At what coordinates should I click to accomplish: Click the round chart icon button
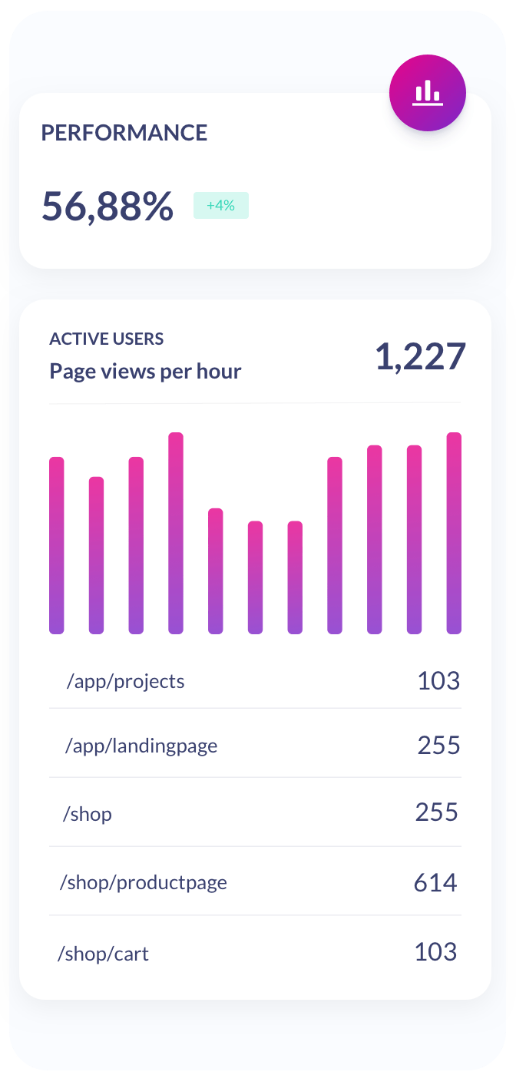pyautogui.click(x=428, y=94)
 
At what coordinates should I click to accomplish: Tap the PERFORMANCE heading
pyautogui.click(x=124, y=133)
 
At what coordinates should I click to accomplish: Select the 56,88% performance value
pyautogui.click(x=107, y=206)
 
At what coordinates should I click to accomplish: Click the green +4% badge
pyautogui.click(x=221, y=206)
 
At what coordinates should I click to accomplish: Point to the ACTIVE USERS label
pyautogui.click(x=107, y=339)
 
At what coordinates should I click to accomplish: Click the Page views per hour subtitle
pyautogui.click(x=145, y=372)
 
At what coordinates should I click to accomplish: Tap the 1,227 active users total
pyautogui.click(x=420, y=357)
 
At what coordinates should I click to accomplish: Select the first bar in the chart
pyautogui.click(x=57, y=545)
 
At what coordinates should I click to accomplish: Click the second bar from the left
pyautogui.click(x=96, y=555)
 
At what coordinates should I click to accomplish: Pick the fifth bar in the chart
pyautogui.click(x=216, y=571)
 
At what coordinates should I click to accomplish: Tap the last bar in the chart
pyautogui.click(x=454, y=533)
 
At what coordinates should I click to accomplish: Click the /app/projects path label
pyautogui.click(x=125, y=681)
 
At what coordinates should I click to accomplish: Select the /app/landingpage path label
pyautogui.click(x=141, y=746)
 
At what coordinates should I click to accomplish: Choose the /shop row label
pyautogui.click(x=87, y=814)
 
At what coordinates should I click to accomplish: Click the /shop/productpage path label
pyautogui.click(x=144, y=883)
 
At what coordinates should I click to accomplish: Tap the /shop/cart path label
pyautogui.click(x=103, y=954)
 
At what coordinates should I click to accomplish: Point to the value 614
pyautogui.click(x=435, y=883)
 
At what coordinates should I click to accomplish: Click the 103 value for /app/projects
pyautogui.click(x=438, y=680)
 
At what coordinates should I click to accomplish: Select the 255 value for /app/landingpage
pyautogui.click(x=438, y=745)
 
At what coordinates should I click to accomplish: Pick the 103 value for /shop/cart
pyautogui.click(x=435, y=952)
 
